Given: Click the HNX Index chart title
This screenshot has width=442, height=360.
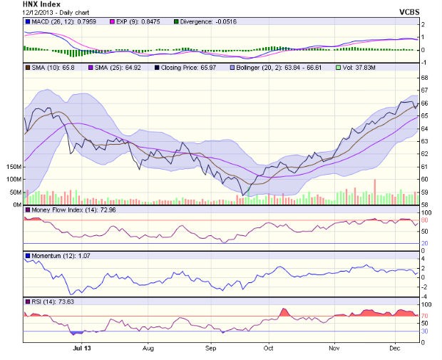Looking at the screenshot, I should (41, 4).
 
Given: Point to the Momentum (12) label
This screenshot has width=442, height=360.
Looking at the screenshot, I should (54, 256).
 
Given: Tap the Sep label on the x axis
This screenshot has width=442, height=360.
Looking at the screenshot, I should (210, 349).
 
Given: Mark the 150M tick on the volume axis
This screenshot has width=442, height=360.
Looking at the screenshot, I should (12, 166).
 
